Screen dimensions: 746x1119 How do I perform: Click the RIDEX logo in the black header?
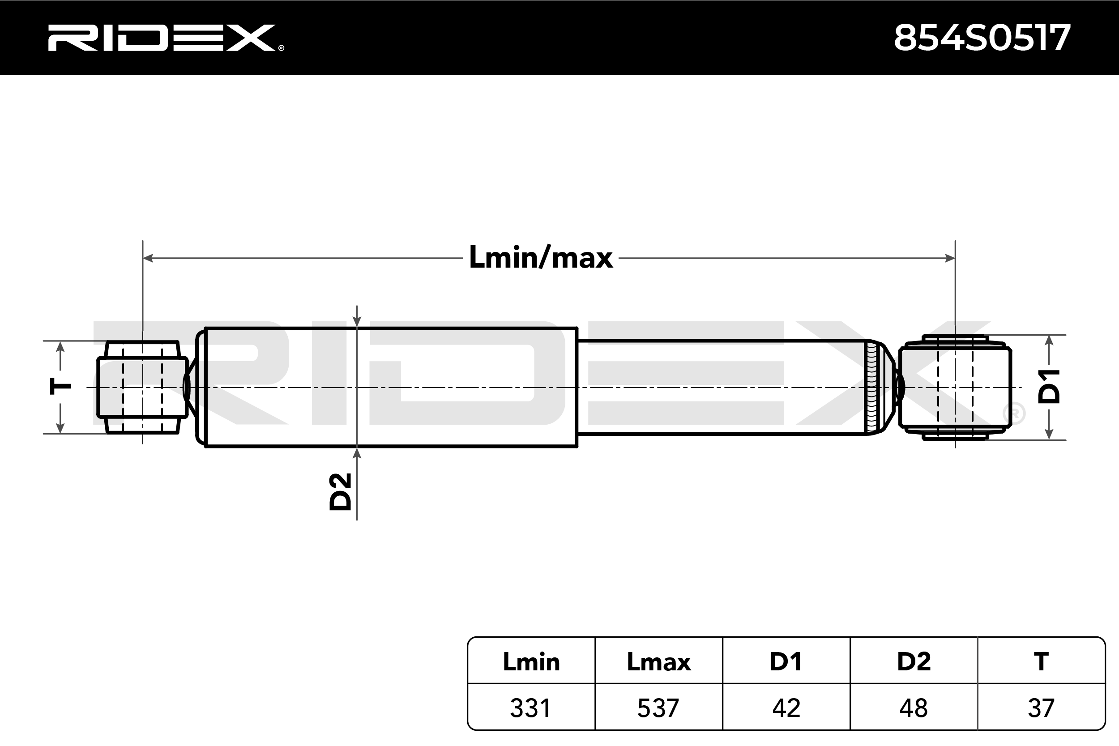(166, 38)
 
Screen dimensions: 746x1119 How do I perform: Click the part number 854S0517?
(982, 38)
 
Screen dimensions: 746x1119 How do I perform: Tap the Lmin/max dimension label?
(541, 258)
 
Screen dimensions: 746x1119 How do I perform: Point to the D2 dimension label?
(341, 491)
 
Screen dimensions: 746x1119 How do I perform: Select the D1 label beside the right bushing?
(1049, 386)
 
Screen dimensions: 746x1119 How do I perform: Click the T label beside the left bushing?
(61, 386)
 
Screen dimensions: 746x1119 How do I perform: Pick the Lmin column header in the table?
(531, 662)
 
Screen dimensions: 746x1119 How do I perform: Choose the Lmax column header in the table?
(658, 662)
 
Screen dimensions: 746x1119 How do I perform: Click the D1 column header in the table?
(786, 662)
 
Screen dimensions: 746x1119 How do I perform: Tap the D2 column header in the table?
(914, 662)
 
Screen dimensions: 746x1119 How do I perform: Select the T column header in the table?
(1041, 662)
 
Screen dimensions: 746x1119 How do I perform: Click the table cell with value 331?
(531, 708)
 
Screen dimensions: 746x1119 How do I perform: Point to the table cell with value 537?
(658, 708)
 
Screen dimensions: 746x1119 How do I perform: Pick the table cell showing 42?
(786, 708)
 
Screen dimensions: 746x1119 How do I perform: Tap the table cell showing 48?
(914, 708)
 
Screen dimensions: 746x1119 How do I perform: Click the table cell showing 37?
(1041, 708)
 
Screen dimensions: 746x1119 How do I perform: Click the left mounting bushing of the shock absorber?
(142, 387)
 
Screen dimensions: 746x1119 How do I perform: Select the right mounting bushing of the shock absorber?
(955, 387)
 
